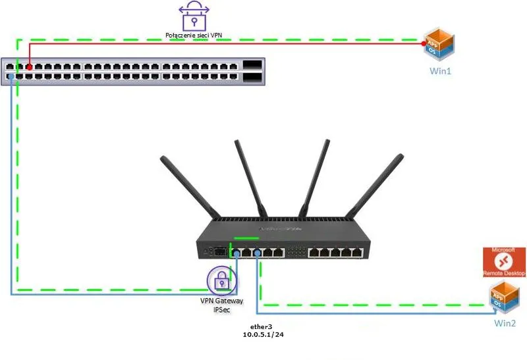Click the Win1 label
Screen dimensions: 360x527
(x=441, y=70)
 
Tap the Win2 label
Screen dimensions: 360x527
(x=505, y=323)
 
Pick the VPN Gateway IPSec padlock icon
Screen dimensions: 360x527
(x=223, y=280)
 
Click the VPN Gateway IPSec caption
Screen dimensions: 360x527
(x=222, y=305)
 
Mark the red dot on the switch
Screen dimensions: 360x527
(x=30, y=66)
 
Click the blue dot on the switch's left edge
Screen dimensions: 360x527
(x=11, y=78)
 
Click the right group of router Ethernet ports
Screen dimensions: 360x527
(x=337, y=252)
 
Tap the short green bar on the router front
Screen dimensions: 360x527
(x=245, y=239)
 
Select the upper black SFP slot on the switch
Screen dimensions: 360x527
(x=253, y=66)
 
